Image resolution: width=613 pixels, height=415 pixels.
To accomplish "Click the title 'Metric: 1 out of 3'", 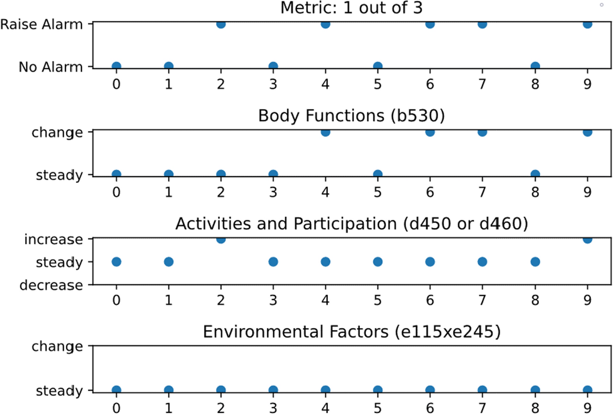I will click(x=351, y=8).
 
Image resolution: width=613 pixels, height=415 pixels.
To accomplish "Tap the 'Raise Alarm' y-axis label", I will click(x=42, y=25).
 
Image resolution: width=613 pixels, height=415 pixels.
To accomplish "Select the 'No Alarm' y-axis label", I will click(x=50, y=67).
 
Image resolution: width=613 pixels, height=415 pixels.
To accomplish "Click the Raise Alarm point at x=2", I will click(x=221, y=24).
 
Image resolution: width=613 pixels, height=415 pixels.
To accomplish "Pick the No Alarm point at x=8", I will click(x=535, y=66).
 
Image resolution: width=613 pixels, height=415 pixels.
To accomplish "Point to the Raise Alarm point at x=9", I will click(x=587, y=24).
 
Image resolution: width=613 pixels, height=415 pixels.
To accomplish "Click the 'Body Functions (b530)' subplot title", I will click(x=351, y=116).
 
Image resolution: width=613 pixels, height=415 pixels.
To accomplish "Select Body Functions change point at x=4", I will click(x=325, y=132).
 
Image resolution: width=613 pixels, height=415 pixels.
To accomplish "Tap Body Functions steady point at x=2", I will click(x=221, y=174).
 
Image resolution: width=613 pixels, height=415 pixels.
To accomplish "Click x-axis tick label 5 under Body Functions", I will click(x=378, y=192).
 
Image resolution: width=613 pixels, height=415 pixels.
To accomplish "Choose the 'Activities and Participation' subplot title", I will click(x=351, y=224).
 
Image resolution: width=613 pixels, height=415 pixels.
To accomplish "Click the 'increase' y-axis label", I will click(x=53, y=240).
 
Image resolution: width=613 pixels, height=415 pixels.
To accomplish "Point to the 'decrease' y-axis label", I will click(x=51, y=285).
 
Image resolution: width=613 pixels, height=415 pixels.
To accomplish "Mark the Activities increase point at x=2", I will click(x=221, y=240).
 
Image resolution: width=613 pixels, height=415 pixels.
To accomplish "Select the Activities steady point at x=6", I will click(x=430, y=262).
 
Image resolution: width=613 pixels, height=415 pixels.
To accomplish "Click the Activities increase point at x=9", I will click(x=587, y=240).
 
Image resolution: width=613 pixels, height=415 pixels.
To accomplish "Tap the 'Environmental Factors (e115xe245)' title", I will click(x=351, y=332).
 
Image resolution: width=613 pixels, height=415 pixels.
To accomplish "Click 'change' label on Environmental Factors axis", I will click(x=57, y=347).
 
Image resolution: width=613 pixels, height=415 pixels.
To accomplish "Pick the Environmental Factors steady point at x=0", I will click(x=116, y=390).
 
